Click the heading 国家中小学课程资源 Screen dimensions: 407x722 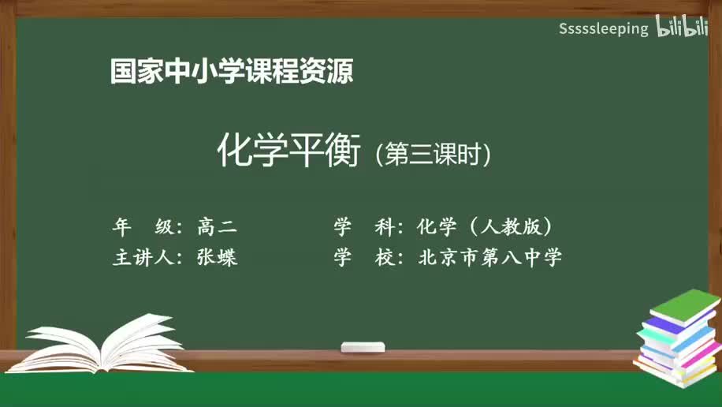point(231,72)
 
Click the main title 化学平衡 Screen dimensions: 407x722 point(288,150)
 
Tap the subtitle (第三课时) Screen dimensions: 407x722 point(434,154)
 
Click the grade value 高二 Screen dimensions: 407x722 point(217,227)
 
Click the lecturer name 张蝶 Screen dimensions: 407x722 point(217,258)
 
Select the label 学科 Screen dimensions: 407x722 point(363,227)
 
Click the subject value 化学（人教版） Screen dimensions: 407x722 point(485,227)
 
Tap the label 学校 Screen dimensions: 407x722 point(363,258)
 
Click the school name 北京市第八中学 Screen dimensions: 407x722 point(490,258)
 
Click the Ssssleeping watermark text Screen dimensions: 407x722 point(603,29)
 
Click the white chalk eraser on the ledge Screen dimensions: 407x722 point(363,347)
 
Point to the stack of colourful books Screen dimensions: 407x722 point(678,339)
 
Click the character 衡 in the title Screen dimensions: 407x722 point(343,150)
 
